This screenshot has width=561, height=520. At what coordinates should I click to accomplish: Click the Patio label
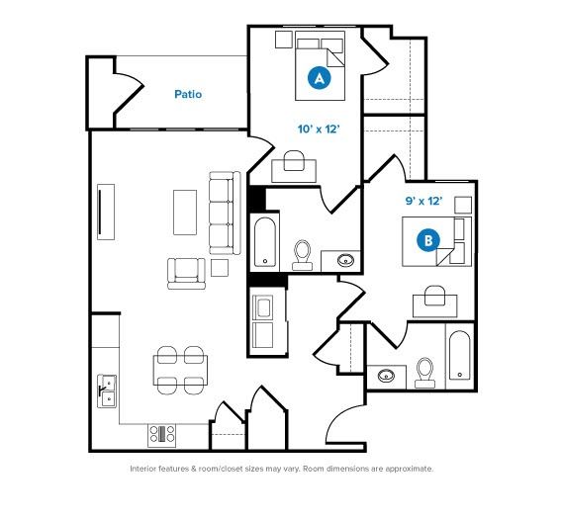tap(188, 94)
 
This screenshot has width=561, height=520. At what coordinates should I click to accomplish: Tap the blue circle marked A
tap(320, 78)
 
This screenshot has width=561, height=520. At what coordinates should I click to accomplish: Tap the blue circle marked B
tap(428, 240)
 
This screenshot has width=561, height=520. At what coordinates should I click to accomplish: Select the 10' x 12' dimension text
tap(318, 130)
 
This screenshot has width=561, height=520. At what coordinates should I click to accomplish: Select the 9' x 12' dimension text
tap(423, 201)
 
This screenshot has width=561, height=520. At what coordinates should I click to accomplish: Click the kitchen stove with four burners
tap(162, 435)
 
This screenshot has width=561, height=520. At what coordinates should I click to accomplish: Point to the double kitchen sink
tap(107, 390)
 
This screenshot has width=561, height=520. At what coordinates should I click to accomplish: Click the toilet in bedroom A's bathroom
tap(303, 255)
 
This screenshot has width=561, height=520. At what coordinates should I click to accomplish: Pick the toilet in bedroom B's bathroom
tap(425, 373)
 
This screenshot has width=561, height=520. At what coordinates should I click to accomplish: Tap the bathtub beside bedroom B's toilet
tap(460, 356)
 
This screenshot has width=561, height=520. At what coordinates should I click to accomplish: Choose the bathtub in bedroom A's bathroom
tap(265, 242)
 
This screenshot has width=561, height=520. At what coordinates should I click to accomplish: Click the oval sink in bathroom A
tap(346, 260)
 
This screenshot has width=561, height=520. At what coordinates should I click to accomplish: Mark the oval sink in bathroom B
tap(387, 376)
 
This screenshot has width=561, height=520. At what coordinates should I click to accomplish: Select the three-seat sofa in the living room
tap(225, 213)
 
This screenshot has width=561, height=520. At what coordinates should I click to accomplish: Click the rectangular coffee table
tap(185, 213)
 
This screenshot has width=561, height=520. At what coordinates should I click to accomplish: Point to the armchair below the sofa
tap(186, 274)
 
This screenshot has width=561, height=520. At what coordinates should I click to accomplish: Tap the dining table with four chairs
tap(180, 371)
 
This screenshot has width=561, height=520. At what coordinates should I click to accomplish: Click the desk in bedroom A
tap(294, 171)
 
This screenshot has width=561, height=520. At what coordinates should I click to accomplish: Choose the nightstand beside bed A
tap(284, 40)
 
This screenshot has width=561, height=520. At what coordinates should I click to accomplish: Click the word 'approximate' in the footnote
tap(409, 469)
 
